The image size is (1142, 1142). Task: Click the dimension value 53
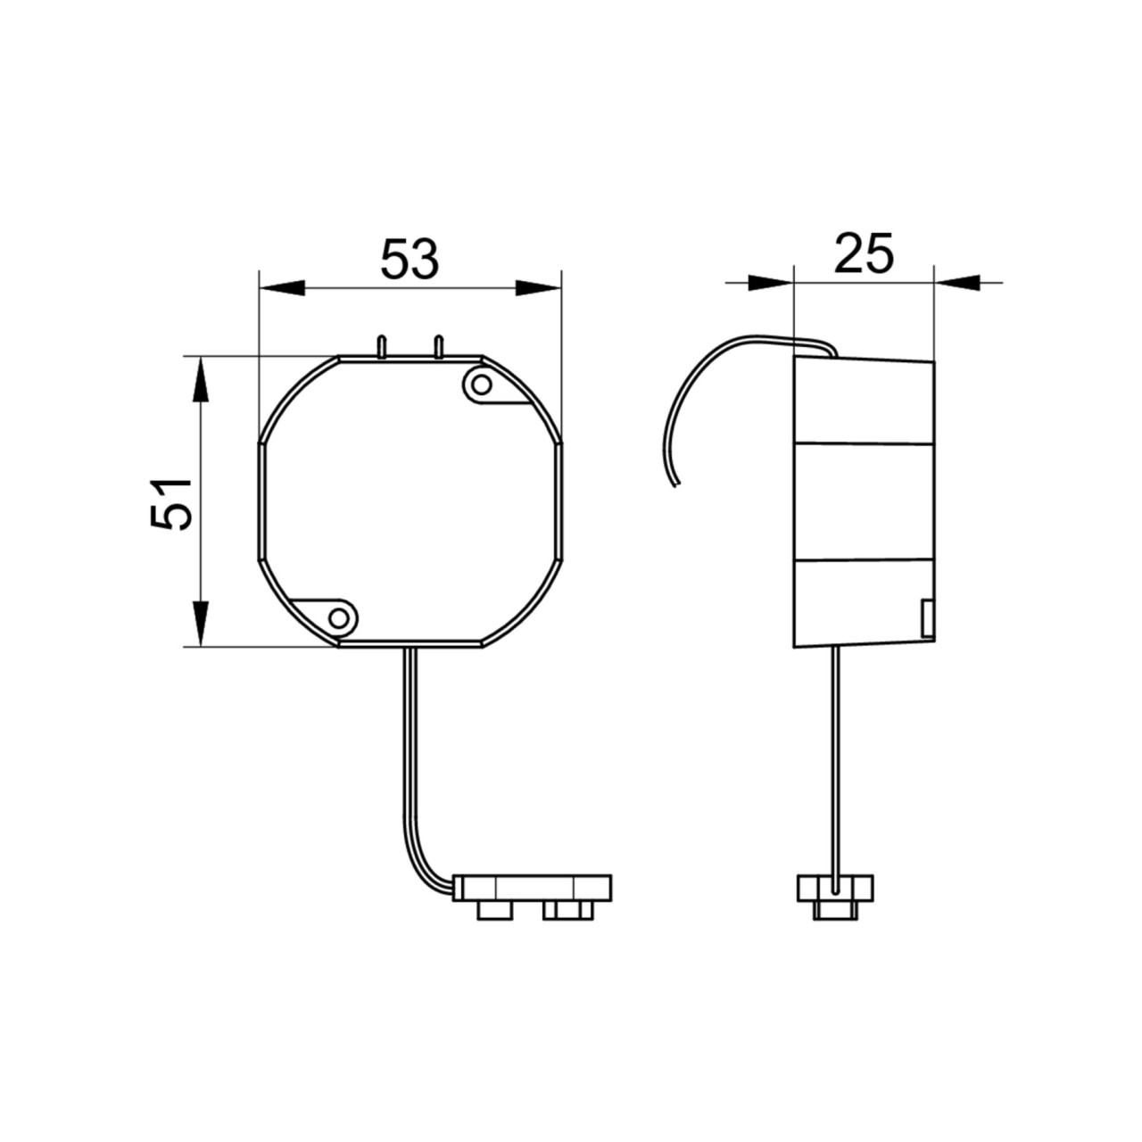[410, 259]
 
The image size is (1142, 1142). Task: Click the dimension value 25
[863, 253]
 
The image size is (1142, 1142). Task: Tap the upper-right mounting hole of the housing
[483, 385]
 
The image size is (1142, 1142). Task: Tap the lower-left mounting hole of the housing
[339, 618]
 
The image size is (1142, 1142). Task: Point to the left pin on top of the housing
[382, 347]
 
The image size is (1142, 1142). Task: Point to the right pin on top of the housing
[439, 347]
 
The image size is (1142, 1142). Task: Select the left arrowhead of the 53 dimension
[282, 288]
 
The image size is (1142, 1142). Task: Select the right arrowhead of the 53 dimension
[538, 288]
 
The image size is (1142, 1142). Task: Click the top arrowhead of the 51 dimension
[202, 380]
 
